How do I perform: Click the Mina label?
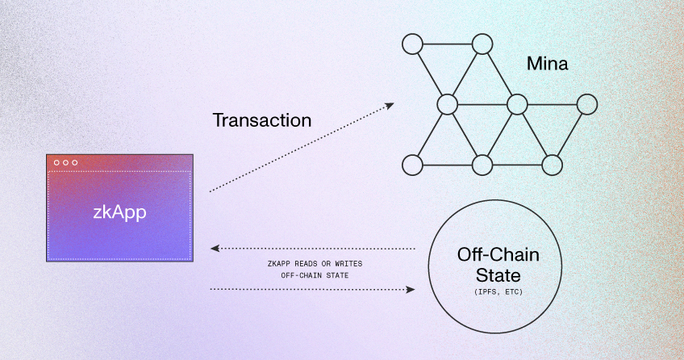click(x=548, y=64)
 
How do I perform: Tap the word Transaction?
click(x=261, y=121)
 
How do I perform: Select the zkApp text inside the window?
click(x=119, y=213)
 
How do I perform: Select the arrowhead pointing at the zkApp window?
click(x=213, y=248)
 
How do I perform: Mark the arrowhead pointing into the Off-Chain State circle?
click(x=411, y=288)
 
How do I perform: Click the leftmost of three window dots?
click(x=56, y=163)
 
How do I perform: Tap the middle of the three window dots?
click(x=65, y=163)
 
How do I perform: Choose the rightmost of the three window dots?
click(x=74, y=163)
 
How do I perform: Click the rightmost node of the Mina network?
click(x=587, y=104)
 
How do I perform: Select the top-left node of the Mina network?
click(x=413, y=44)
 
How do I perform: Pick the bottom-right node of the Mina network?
click(x=552, y=165)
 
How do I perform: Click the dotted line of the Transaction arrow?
click(x=298, y=149)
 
